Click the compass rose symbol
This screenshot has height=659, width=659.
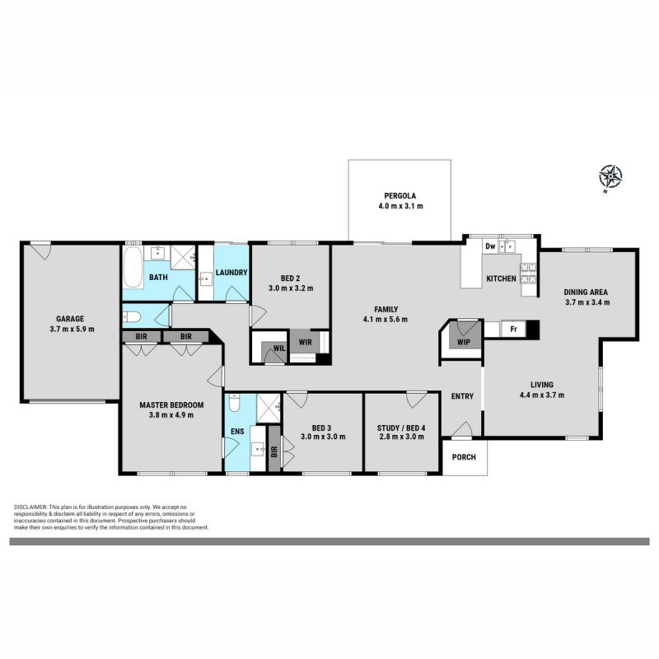pos(610,177)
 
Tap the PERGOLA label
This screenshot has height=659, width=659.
pos(400,196)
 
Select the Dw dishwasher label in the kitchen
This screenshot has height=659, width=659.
pos(490,246)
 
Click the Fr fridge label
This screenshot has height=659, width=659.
pos(513,329)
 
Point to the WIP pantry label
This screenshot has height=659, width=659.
pos(463,342)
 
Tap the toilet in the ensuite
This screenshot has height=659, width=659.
pos(234,403)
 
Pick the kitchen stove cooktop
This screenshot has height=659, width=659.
pos(529,273)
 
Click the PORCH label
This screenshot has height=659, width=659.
pos(464,457)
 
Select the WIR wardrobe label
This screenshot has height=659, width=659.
pos(305,342)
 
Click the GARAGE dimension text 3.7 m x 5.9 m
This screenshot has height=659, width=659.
pos(72,329)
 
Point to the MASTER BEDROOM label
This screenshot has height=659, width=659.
pos(171,405)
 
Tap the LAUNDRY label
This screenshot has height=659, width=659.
pos(231,273)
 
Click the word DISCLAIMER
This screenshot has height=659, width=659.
pos(31,507)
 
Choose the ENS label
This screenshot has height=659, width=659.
pos(237,432)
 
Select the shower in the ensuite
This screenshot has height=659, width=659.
pos(269,408)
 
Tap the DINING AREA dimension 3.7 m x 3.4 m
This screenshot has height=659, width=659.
pos(587,302)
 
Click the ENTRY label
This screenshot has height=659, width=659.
pos(462,396)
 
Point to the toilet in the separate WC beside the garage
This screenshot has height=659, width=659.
pos(132,317)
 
